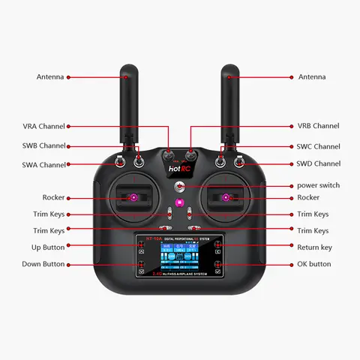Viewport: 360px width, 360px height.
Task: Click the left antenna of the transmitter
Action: click(127, 105)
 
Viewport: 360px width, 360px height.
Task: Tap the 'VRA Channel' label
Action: click(43, 126)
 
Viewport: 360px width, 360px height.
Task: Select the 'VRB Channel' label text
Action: click(318, 126)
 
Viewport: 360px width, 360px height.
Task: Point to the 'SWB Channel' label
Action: click(43, 145)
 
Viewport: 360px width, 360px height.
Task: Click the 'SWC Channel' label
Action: click(318, 147)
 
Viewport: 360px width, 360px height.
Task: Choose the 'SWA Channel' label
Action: click(43, 164)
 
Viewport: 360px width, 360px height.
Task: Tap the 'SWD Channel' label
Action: click(318, 163)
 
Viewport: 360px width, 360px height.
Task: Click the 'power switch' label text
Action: click(318, 185)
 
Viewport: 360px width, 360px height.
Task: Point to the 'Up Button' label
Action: click(48, 247)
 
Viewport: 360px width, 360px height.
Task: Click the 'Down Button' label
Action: click(43, 264)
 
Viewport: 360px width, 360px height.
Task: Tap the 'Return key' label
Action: click(315, 247)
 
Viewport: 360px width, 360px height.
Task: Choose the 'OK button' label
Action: click(314, 264)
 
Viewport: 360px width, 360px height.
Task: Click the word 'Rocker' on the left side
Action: click(53, 197)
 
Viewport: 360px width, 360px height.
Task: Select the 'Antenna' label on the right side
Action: click(312, 76)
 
